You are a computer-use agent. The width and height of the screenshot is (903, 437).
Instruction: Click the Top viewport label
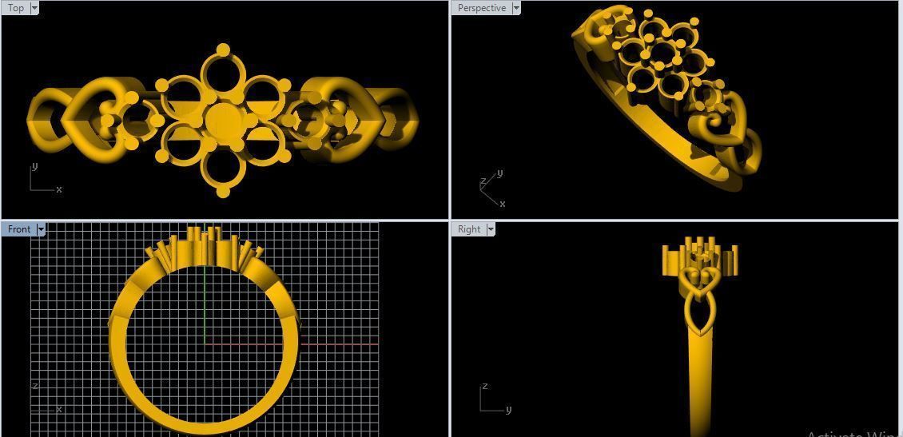pyautogui.click(x=15, y=8)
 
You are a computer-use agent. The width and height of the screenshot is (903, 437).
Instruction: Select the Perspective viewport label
pyautogui.click(x=481, y=8)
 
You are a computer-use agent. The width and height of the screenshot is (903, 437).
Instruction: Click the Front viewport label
pyautogui.click(x=18, y=229)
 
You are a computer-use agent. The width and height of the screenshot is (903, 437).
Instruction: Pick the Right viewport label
pyautogui.click(x=469, y=229)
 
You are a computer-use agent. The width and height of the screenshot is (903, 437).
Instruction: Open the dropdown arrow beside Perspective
pyautogui.click(x=515, y=8)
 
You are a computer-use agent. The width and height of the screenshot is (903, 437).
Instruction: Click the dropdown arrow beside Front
pyautogui.click(x=41, y=229)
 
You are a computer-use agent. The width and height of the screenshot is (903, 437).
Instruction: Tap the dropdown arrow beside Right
pyautogui.click(x=491, y=229)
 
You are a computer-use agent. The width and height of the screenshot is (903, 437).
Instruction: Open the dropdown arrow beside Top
pyautogui.click(x=34, y=8)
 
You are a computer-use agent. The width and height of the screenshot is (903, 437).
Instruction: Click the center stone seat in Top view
pyautogui.click(x=222, y=121)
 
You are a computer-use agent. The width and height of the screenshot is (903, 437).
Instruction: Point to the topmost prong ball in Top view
pyautogui.click(x=223, y=50)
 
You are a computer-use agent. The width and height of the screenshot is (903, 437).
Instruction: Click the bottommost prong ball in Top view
pyautogui.click(x=223, y=192)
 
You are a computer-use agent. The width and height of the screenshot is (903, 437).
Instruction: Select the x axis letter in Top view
pyautogui.click(x=59, y=189)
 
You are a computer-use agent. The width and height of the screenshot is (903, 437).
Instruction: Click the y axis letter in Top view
pyautogui.click(x=34, y=166)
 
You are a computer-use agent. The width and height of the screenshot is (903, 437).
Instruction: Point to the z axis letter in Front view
pyautogui.click(x=34, y=386)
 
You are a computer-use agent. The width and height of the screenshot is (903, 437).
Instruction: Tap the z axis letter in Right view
pyautogui.click(x=484, y=387)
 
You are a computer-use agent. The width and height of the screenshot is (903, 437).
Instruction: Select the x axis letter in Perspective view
pyautogui.click(x=502, y=204)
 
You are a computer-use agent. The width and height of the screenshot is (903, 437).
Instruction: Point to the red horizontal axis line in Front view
pyautogui.click(x=336, y=344)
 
